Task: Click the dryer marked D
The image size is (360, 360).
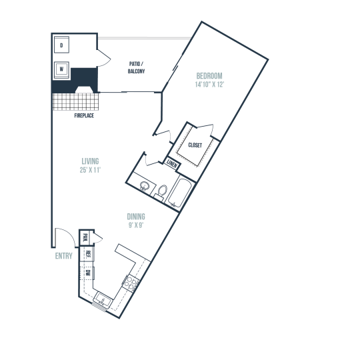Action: [61, 45]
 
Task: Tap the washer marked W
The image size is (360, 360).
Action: [61, 69]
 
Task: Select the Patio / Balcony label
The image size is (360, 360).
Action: [137, 67]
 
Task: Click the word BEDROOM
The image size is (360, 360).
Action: [209, 76]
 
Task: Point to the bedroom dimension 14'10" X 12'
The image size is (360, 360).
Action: [209, 85]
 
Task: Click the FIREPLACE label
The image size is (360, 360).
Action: [84, 115]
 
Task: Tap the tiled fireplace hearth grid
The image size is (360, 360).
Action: [76, 101]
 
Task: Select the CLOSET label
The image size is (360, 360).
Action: [195, 145]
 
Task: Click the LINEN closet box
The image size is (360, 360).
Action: [172, 164]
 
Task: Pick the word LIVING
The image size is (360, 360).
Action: [90, 161]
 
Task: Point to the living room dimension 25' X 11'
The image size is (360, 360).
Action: [90, 170]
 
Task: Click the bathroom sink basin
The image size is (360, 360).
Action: [145, 185]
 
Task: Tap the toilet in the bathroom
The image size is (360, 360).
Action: [161, 191]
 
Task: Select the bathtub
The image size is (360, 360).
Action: [179, 193]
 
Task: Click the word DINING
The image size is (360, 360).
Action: [136, 217]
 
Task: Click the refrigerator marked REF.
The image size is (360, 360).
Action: [87, 254]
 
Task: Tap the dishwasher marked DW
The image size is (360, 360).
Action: [87, 273]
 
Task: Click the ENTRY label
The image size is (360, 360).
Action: [63, 256]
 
